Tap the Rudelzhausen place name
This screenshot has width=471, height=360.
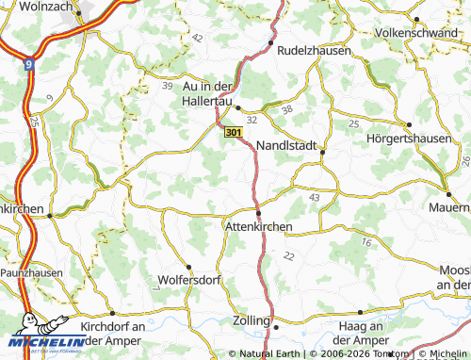[x=310, y=50]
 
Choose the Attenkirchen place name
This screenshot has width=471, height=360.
[x=258, y=227]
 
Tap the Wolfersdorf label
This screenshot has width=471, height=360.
[x=187, y=281]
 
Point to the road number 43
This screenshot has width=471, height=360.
[x=313, y=197]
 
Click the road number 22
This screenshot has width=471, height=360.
[x=287, y=256]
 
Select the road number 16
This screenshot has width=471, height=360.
[x=365, y=242]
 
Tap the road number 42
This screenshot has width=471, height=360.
[x=196, y=38]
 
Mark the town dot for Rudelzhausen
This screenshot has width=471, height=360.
[x=270, y=42]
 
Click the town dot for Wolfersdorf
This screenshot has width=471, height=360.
[x=187, y=267]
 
